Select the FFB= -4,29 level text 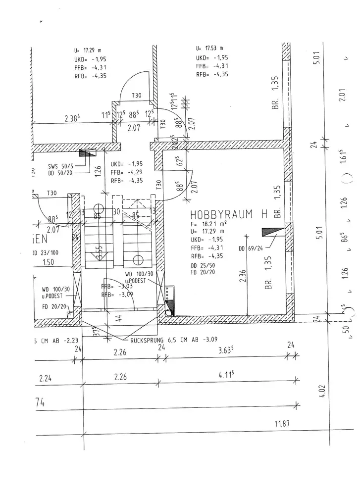[x=127, y=172]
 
